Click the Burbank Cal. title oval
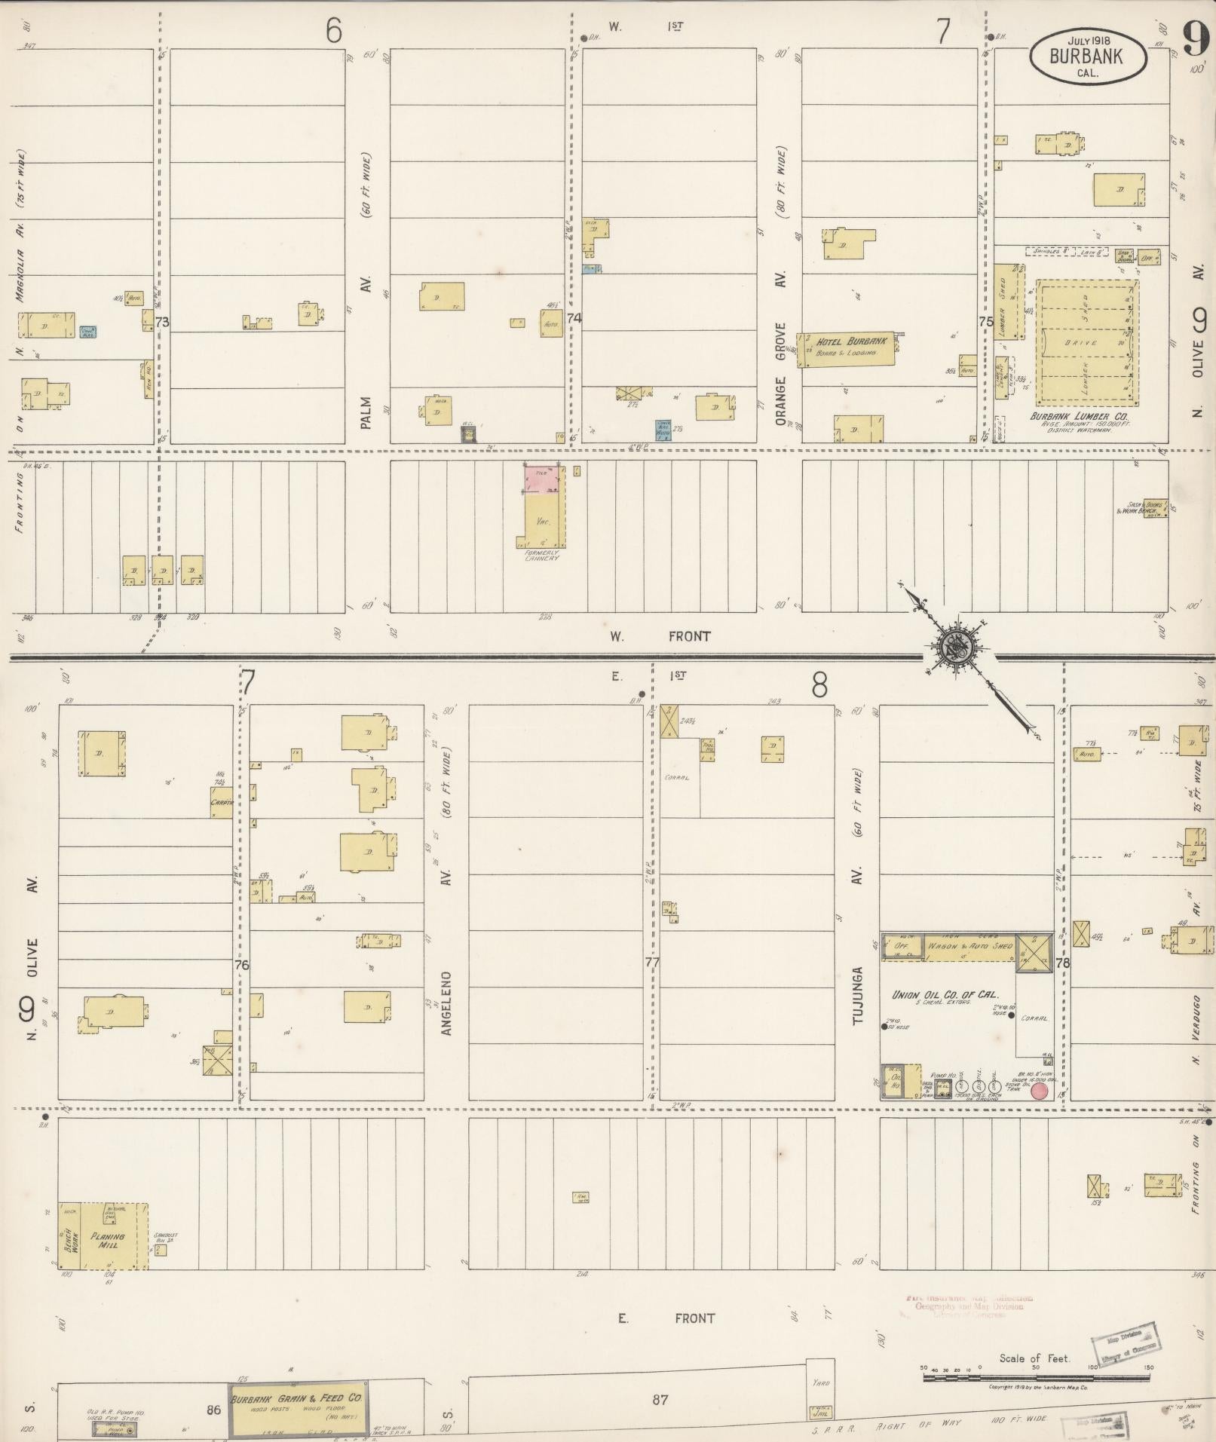[x=1089, y=56]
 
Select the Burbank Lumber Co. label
[x=1079, y=415]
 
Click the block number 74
[x=574, y=319]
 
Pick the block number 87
[x=660, y=1400]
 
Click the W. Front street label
[x=660, y=637]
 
